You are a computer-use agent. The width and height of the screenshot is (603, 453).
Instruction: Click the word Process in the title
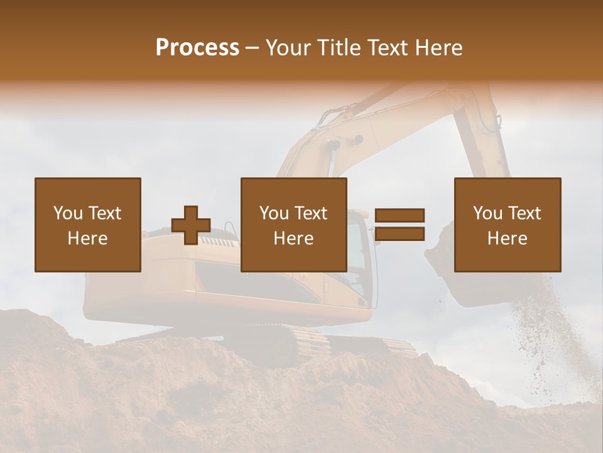click(197, 48)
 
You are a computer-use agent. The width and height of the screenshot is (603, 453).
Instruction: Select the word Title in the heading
click(339, 48)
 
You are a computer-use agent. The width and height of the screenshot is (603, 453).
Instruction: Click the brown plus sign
click(191, 225)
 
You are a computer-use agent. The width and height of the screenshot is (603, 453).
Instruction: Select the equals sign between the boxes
click(399, 225)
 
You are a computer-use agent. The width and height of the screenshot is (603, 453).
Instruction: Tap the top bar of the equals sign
click(399, 215)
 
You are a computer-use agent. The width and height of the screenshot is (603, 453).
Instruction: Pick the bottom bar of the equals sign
click(399, 234)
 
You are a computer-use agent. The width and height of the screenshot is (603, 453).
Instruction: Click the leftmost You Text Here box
click(88, 225)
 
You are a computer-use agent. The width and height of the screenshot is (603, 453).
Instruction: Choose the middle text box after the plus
click(293, 225)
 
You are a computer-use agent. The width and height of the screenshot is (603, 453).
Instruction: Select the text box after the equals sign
click(507, 225)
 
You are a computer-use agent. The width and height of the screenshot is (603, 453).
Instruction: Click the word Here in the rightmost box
click(507, 238)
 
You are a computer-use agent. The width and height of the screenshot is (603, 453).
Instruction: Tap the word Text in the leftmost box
click(105, 213)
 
